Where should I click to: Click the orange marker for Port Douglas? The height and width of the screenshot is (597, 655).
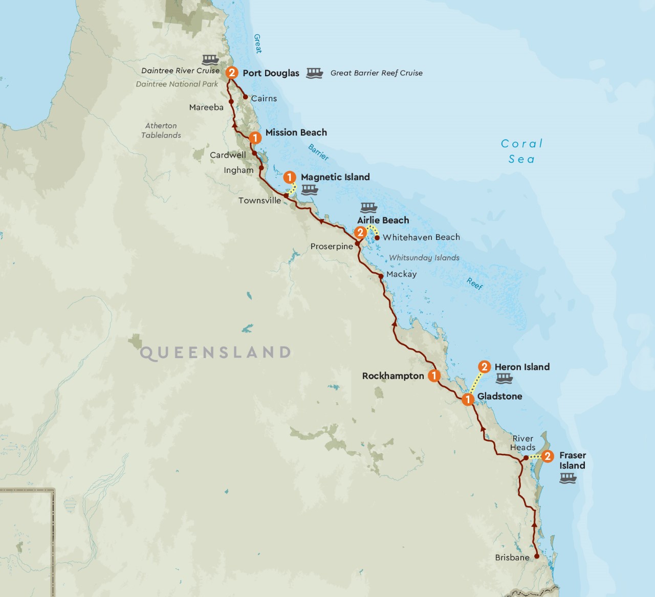(x=232, y=73)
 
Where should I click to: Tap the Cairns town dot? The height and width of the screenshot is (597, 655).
(x=245, y=97)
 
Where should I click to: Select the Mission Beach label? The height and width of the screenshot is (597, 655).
(x=296, y=132)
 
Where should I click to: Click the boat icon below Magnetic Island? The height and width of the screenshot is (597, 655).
(x=310, y=190)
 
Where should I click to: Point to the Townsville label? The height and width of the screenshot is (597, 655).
(x=259, y=201)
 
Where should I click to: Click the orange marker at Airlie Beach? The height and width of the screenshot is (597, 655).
(x=360, y=233)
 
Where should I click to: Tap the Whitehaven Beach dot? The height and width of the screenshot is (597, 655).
(x=377, y=237)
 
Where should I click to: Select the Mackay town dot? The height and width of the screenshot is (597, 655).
(x=381, y=276)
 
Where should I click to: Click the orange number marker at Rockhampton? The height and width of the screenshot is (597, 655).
(x=434, y=376)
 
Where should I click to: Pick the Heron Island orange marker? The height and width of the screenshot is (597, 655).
(x=484, y=367)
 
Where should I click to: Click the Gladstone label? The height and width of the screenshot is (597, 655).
(x=499, y=396)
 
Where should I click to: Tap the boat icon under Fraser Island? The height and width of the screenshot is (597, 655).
(x=568, y=478)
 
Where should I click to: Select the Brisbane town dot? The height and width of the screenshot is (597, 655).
(x=536, y=556)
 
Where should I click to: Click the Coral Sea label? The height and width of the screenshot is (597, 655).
(x=521, y=151)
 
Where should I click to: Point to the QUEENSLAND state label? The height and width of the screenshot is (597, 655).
(x=215, y=352)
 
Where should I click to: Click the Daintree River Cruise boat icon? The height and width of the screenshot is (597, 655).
(x=210, y=59)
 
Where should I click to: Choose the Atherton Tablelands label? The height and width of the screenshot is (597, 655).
(x=161, y=130)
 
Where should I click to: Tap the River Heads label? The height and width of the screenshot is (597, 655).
(x=522, y=443)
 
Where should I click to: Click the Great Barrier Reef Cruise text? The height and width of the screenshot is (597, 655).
(x=376, y=73)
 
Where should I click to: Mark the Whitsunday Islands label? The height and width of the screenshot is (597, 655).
(x=424, y=258)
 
